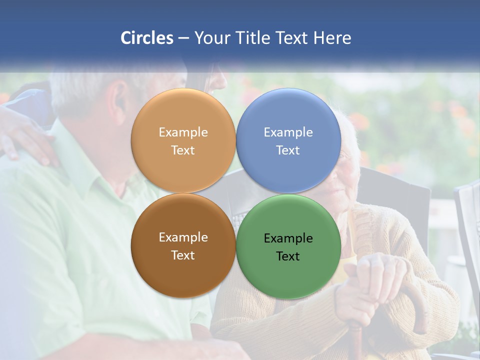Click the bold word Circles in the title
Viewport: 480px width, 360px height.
pos(147,38)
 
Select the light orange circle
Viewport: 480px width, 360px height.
pos(183,141)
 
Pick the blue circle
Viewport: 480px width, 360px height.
pos(288,141)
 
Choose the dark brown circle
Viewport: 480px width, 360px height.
pos(183,246)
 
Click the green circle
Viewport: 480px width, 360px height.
pos(288,247)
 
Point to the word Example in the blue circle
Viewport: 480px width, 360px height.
pos(288,132)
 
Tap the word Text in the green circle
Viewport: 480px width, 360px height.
pos(288,256)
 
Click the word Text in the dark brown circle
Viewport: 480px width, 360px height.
pos(183,255)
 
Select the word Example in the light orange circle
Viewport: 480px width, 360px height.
pos(183,132)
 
